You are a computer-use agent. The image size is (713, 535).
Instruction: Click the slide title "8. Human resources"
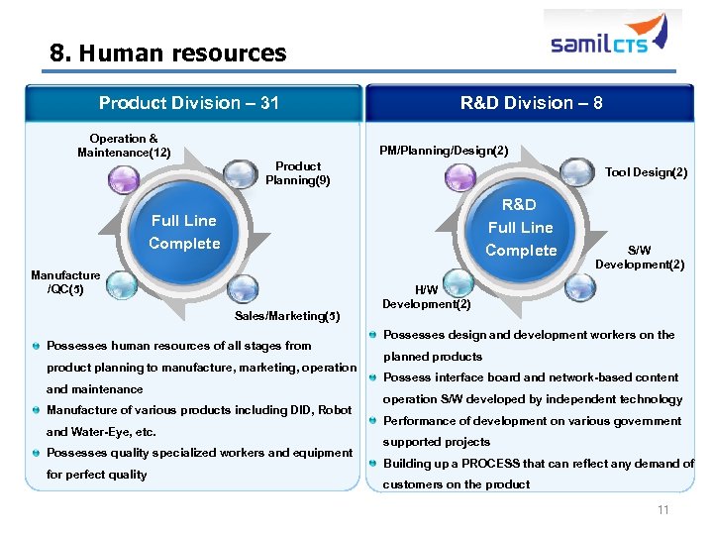(x=168, y=53)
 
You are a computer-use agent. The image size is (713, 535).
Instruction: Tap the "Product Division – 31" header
(x=189, y=103)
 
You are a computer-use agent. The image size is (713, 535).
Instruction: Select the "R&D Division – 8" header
(x=531, y=103)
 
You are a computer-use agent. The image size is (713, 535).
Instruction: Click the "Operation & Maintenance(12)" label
(x=124, y=146)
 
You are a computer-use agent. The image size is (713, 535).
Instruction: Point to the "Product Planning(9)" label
(x=297, y=173)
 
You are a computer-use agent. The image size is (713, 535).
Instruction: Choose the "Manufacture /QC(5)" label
(x=65, y=282)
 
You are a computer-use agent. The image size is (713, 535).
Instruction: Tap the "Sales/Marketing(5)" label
(x=287, y=316)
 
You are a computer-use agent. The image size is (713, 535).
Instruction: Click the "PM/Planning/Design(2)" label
(x=444, y=151)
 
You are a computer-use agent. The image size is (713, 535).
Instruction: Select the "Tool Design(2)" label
(x=646, y=172)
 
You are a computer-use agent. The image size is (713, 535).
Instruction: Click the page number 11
(x=662, y=510)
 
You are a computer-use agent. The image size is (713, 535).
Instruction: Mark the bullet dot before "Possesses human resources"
(x=37, y=346)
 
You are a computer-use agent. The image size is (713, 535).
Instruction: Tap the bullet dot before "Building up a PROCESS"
(x=371, y=464)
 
